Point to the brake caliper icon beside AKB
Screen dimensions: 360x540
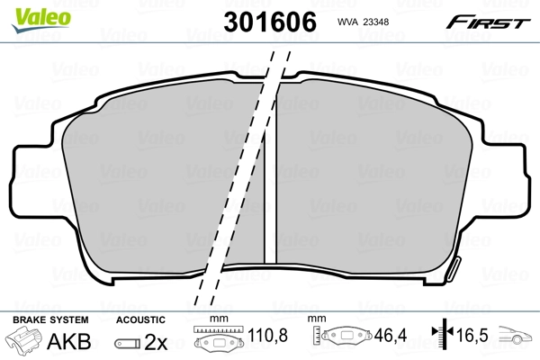pos(23,342)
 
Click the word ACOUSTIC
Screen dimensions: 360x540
pos(140,319)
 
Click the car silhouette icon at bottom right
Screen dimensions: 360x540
pos(517,340)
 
